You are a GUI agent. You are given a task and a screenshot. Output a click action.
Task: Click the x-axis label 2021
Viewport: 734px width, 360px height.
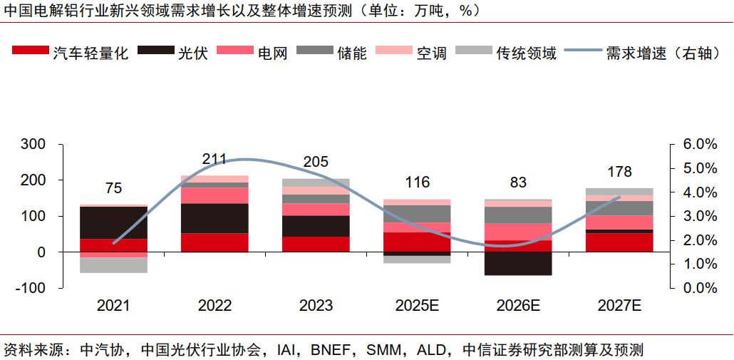click(x=113, y=305)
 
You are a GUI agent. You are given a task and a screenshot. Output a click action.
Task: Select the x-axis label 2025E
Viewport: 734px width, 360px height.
click(x=418, y=305)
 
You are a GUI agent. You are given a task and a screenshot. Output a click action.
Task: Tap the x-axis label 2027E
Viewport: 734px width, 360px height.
click(x=619, y=305)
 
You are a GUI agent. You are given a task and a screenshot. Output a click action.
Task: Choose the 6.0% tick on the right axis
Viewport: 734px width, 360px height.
click(x=700, y=144)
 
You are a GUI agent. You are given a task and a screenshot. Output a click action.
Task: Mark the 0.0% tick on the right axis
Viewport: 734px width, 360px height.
click(x=700, y=288)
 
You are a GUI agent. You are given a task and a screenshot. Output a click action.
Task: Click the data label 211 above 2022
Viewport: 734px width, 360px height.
click(x=214, y=159)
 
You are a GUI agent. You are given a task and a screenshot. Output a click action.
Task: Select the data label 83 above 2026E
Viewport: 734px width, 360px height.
click(x=518, y=182)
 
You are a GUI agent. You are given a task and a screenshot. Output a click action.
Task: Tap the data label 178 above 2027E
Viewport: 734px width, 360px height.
click(x=619, y=172)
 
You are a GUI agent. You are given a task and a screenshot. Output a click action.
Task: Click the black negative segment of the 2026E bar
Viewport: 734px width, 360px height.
click(x=518, y=263)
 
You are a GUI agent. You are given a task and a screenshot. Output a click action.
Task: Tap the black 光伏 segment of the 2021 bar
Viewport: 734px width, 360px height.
click(x=113, y=222)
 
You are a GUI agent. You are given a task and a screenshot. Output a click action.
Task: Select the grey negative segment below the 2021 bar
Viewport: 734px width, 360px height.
click(x=113, y=264)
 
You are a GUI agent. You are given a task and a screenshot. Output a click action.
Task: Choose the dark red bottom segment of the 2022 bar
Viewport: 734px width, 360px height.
click(x=214, y=242)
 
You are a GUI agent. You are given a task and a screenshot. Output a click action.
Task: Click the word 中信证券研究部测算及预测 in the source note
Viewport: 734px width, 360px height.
click(x=552, y=350)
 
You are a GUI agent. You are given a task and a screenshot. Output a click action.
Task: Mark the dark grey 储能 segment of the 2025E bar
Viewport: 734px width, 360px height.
click(x=418, y=213)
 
